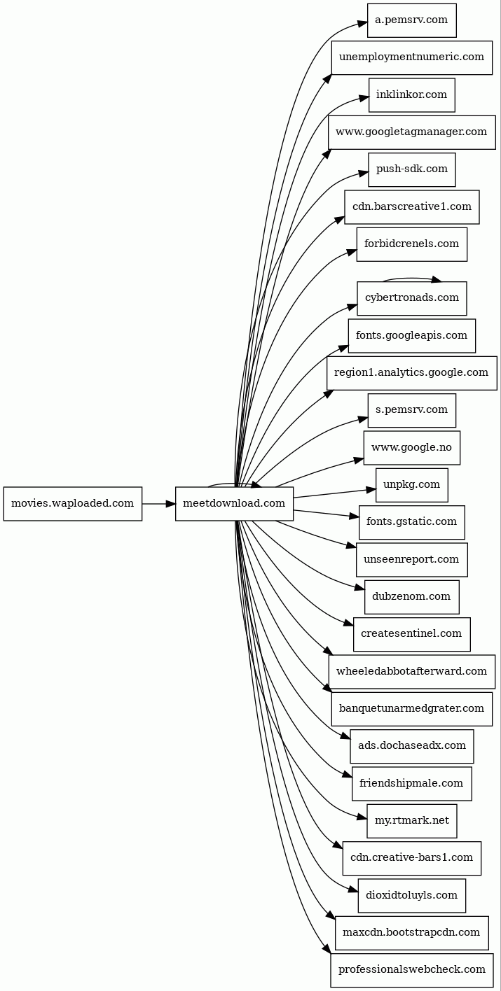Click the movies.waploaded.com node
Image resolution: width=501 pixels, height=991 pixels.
coord(73,503)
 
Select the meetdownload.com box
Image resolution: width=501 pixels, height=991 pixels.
coord(234,503)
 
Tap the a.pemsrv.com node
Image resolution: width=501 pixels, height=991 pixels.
coord(411,20)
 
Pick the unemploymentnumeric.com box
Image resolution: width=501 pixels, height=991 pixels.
coord(411,57)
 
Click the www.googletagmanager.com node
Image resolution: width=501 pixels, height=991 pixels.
coord(411,132)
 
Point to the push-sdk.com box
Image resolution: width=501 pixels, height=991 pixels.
coord(411,169)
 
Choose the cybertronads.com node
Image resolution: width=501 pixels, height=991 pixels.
coord(411,298)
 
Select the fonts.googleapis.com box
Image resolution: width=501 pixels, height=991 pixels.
coord(411,335)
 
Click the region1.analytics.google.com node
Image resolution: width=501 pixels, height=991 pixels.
coord(411,372)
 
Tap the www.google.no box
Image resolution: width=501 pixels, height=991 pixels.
coord(411,447)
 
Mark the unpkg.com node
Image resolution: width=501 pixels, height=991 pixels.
coord(411,484)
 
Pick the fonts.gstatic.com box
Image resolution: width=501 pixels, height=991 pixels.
coord(411,522)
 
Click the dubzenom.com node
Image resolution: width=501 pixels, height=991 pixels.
coord(411,596)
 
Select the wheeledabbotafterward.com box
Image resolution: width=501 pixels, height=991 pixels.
coord(411,671)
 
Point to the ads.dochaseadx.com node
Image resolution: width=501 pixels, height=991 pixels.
coord(411,746)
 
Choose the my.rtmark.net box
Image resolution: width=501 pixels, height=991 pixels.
coord(411,820)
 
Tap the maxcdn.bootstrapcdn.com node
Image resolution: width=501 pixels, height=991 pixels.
coord(411,932)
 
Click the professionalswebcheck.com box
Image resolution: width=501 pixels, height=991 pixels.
coord(411,970)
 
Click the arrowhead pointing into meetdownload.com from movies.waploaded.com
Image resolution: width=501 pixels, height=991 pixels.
coord(170,503)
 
